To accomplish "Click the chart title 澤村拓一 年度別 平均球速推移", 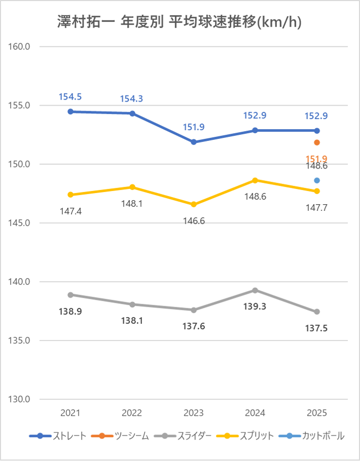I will click(x=180, y=22).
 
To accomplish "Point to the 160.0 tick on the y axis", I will click(x=20, y=46).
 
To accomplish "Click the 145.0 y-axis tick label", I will click(x=20, y=223).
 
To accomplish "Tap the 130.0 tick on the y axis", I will click(x=20, y=399).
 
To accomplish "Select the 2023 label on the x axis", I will click(x=194, y=413).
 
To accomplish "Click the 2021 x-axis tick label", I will click(x=70, y=413).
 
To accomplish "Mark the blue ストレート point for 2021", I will click(x=70, y=111).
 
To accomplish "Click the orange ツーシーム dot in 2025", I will click(x=317, y=142).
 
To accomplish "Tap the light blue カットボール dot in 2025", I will click(x=317, y=180).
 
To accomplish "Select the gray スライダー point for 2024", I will click(x=255, y=290).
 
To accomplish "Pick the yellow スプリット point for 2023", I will click(x=194, y=204).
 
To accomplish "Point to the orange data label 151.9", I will click(x=317, y=159).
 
